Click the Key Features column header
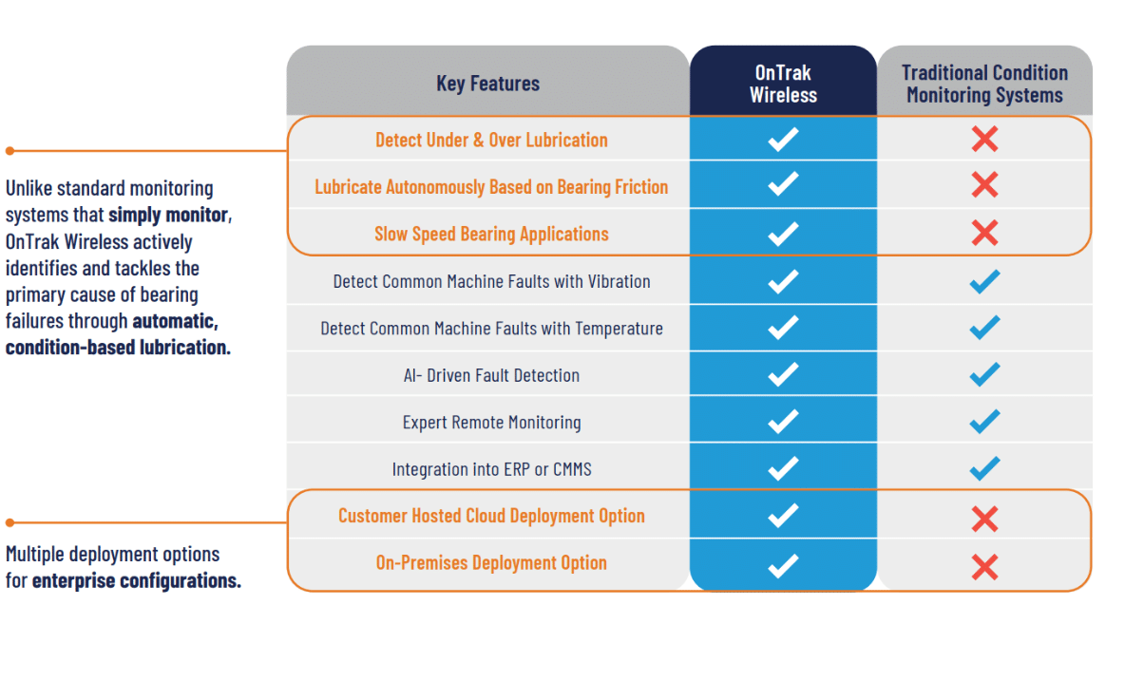[487, 84]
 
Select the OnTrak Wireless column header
[783, 84]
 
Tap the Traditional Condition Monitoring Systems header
[984, 84]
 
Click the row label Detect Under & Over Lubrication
[491, 140]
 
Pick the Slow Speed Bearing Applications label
[491, 234]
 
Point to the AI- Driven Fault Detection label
[491, 375]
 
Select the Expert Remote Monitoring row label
[491, 423]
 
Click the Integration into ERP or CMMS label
[491, 469]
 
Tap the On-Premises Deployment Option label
[491, 562]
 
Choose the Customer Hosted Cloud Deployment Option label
[491, 516]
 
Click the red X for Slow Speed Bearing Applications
[984, 234]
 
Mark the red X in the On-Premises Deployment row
[984, 567]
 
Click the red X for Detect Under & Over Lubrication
[984, 140]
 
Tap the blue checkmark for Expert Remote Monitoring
[984, 422]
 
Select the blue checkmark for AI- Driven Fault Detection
[984, 375]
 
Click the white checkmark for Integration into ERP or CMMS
[783, 469]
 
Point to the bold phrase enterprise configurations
[136, 580]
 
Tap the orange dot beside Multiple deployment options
[10, 522]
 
